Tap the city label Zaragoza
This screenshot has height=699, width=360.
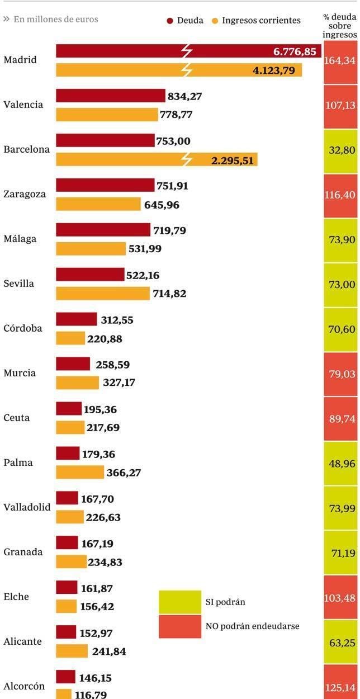(x=25, y=194)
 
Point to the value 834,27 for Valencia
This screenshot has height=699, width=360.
(x=184, y=96)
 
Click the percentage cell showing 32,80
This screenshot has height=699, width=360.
(x=340, y=150)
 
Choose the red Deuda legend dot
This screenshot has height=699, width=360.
(x=170, y=21)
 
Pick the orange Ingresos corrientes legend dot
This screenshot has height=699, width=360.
(x=215, y=21)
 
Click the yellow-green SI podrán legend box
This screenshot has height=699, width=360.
(x=179, y=602)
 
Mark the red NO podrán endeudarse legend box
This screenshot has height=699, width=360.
(x=179, y=626)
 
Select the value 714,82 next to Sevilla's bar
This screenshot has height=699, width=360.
(x=169, y=294)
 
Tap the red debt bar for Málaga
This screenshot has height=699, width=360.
(x=103, y=230)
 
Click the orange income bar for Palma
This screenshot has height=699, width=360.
(x=80, y=473)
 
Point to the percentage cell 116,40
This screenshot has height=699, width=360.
(x=340, y=195)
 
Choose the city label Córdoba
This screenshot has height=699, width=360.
(x=23, y=328)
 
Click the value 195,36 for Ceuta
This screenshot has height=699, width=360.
(x=100, y=409)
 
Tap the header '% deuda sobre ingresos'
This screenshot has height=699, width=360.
(x=340, y=26)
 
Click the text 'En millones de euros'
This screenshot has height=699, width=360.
(x=55, y=20)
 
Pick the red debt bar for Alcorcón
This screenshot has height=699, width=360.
(x=65, y=677)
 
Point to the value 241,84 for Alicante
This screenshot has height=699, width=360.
(x=108, y=651)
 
